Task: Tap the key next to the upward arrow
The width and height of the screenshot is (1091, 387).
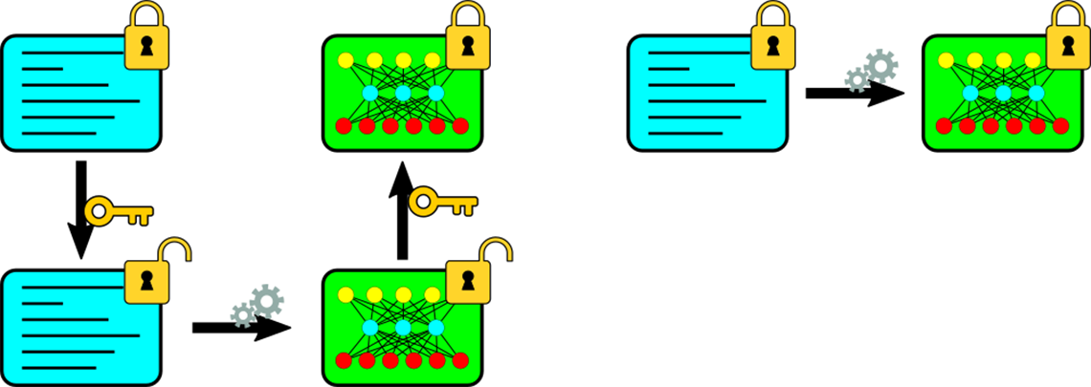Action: (442, 203)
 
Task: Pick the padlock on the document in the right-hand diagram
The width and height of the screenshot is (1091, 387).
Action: (773, 42)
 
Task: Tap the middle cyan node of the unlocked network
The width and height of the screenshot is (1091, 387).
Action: (403, 328)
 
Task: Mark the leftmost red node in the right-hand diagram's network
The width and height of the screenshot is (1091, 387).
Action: (944, 124)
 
